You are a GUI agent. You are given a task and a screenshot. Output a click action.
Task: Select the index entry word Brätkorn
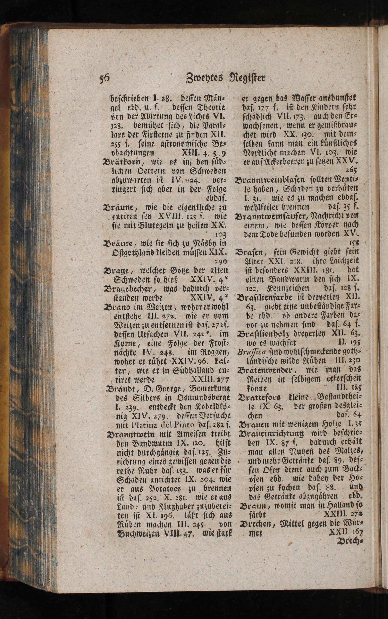pyautogui.click(x=119, y=162)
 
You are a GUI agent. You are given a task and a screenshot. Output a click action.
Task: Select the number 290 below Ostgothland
pyautogui.click(x=219, y=261)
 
